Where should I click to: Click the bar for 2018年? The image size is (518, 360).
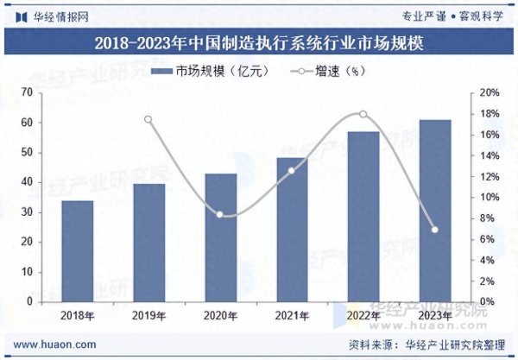tap(78, 251)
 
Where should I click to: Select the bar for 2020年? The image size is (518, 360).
tap(220, 237)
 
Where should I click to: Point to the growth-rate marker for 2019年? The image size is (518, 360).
tap(148, 119)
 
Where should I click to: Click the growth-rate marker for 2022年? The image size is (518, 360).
tap(363, 114)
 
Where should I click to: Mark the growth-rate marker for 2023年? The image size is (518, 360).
tap(435, 230)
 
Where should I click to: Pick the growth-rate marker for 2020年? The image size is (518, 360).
tap(220, 214)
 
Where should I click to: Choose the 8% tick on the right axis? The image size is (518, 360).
tap(487, 218)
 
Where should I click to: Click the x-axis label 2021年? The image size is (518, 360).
tap(292, 317)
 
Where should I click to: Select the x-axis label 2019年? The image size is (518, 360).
tap(148, 317)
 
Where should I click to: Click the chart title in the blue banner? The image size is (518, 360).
tap(259, 42)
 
